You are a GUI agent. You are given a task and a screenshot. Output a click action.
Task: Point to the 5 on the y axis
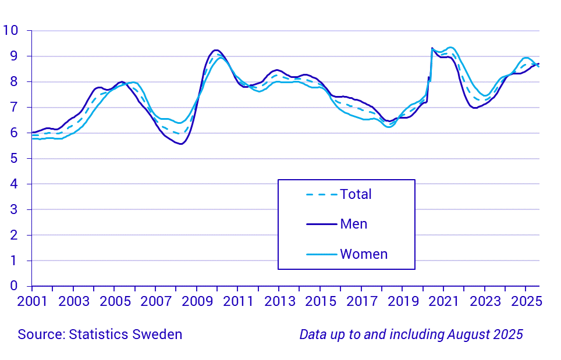[x=14, y=158]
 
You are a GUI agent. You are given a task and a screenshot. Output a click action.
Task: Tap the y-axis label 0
[x=14, y=286]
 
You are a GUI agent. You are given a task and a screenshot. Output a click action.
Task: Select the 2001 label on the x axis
[x=32, y=302]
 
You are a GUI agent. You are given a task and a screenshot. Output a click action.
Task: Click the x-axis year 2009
[x=197, y=302]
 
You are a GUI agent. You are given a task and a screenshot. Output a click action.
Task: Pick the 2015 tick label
[x=320, y=302]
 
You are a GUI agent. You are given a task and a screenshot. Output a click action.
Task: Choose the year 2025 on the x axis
[x=526, y=302]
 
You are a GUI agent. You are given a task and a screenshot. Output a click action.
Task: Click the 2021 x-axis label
[x=443, y=302]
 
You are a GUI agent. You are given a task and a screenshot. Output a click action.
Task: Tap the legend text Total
[x=356, y=194]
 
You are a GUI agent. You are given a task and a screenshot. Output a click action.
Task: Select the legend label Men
[x=354, y=224]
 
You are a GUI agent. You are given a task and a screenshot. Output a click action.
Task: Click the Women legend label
[x=364, y=254]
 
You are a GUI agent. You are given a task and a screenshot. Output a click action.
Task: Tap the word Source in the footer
[x=41, y=334]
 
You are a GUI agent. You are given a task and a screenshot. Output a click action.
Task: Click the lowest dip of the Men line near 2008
[x=181, y=144]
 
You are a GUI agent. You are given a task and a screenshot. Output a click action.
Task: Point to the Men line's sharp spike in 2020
[x=432, y=48]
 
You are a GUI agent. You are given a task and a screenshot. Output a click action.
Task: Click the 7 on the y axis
[x=14, y=107]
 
